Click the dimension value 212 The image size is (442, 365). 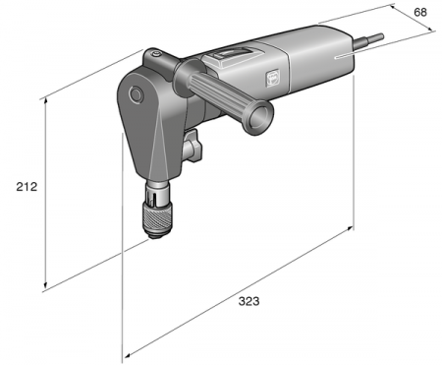(x=27, y=187)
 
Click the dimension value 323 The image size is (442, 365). (x=249, y=301)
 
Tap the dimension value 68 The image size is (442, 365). (x=420, y=13)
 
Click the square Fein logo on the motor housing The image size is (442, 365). (x=272, y=77)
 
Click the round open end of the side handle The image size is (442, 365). (x=260, y=117)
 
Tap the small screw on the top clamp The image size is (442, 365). (x=157, y=53)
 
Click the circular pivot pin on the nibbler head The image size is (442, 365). (x=136, y=95)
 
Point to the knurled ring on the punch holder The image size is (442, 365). (x=156, y=216)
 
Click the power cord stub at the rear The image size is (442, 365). (x=368, y=40)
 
